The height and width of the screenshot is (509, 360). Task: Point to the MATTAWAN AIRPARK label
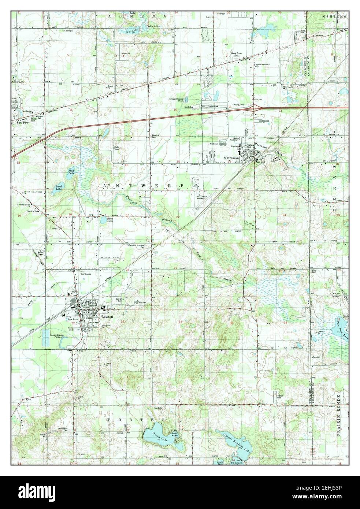[202, 197]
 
